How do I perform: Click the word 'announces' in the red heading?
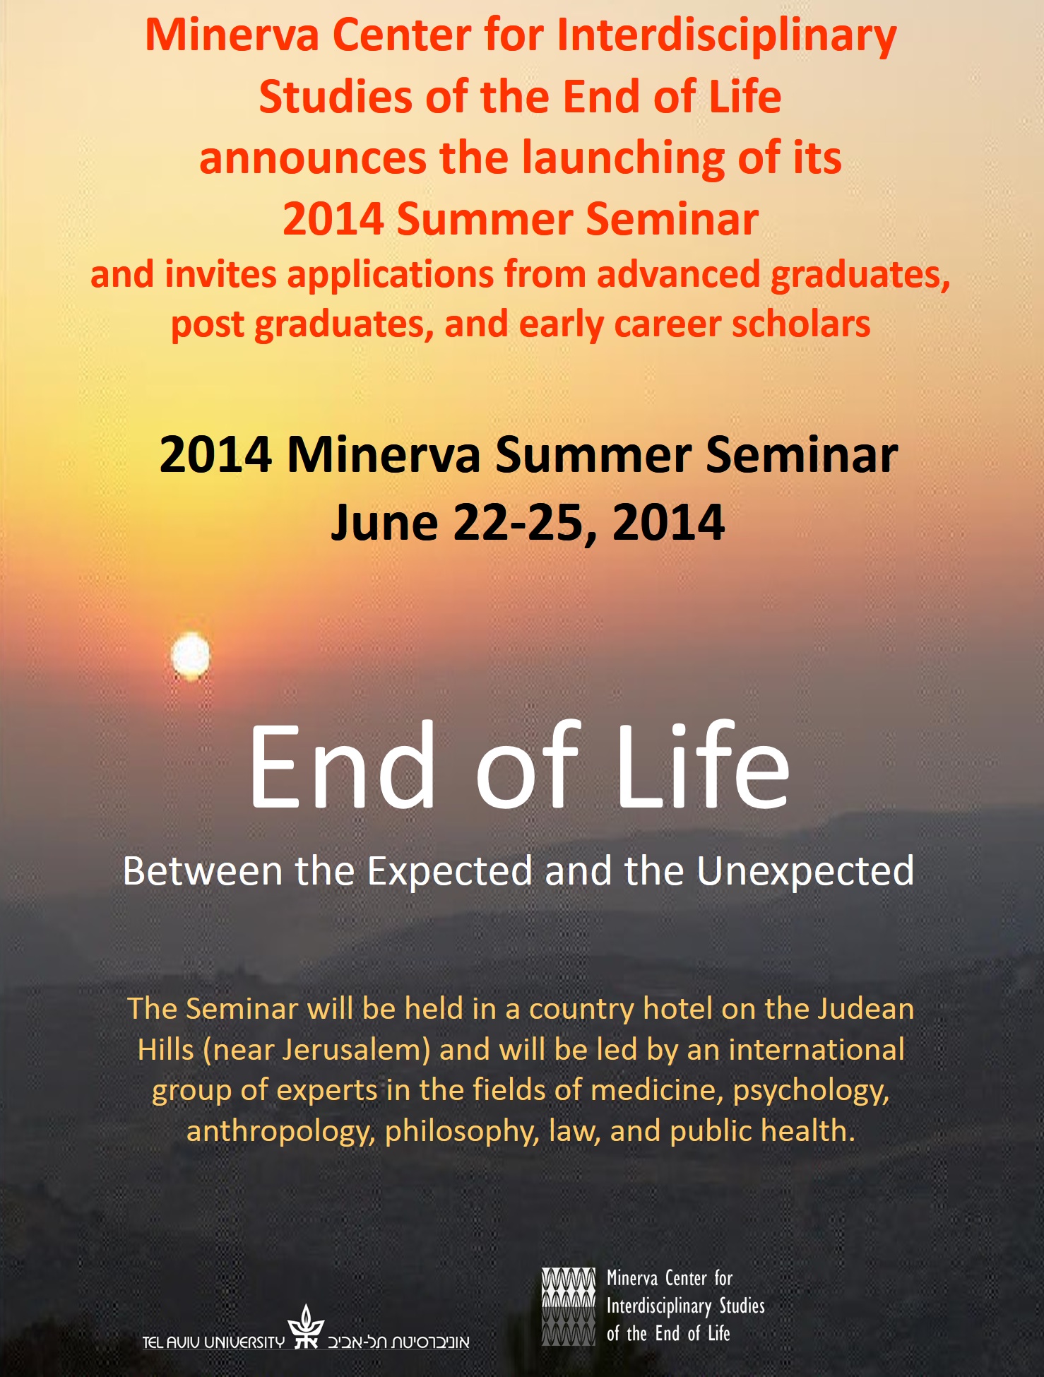(312, 158)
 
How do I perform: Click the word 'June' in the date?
(384, 524)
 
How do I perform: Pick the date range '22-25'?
(526, 523)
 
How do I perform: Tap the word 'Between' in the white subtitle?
(203, 871)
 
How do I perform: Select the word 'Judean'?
(865, 1009)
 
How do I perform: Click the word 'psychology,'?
(811, 1092)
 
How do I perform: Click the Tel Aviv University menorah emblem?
(306, 1326)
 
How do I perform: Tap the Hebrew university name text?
(398, 1341)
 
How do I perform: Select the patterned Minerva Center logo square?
(569, 1306)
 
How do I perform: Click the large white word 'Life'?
(703, 767)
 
